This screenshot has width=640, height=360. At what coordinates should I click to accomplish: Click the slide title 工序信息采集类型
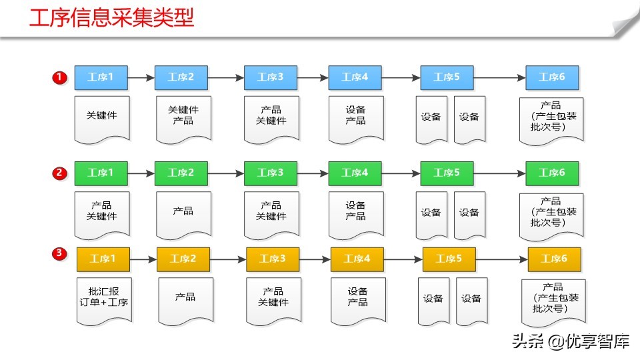[x=112, y=18]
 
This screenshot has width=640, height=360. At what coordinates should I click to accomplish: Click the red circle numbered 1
[x=59, y=78]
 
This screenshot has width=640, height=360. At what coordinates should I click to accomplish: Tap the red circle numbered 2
[x=59, y=173]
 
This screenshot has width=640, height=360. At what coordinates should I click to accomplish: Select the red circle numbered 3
[x=59, y=253]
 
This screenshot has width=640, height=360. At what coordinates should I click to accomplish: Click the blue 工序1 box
[x=101, y=77]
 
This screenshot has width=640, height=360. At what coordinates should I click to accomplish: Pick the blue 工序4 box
[x=355, y=77]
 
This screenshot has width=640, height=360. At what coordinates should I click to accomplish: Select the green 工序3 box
[x=271, y=173]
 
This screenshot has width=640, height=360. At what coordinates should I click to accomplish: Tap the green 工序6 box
[x=552, y=173]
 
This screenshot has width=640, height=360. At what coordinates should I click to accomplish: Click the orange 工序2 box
[x=183, y=259]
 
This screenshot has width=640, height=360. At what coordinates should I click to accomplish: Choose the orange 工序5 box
[x=449, y=259]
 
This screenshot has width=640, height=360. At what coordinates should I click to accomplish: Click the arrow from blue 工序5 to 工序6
[x=499, y=78]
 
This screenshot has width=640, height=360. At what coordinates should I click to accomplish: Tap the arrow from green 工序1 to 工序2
[x=141, y=173]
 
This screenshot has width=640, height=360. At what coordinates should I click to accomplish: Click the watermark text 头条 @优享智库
[x=571, y=342]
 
